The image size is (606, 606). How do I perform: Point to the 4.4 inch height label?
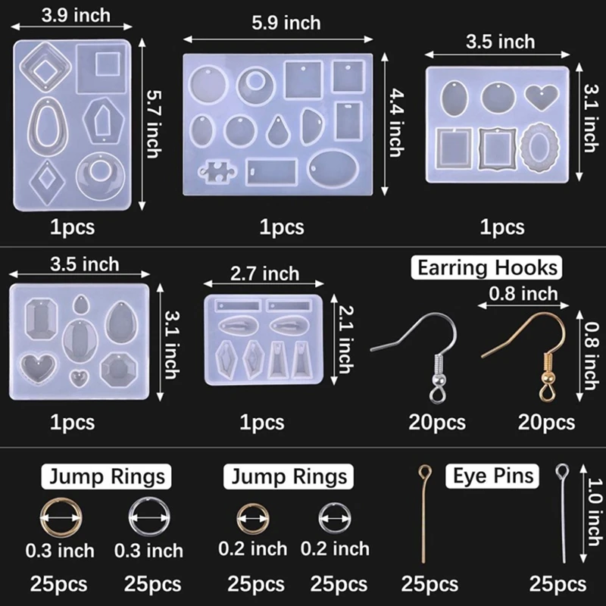[394, 120]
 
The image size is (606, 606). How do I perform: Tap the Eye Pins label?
[493, 476]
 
